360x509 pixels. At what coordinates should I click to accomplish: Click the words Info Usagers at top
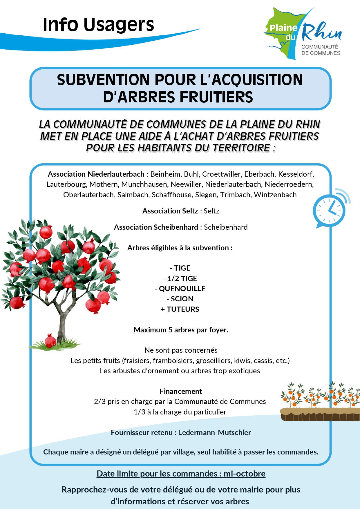coord(98,25)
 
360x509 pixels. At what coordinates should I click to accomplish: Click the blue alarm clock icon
coord(330,210)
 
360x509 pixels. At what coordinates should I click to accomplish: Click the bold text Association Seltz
coord(170,211)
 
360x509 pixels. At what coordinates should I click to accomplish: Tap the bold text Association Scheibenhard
coord(156,227)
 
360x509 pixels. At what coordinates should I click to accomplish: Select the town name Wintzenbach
coord(275,195)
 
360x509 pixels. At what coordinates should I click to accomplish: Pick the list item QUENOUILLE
coord(182,289)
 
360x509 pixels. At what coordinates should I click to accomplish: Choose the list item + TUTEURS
coord(180,309)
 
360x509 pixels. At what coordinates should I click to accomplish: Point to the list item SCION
coord(182,299)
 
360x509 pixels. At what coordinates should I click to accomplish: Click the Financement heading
coord(180,391)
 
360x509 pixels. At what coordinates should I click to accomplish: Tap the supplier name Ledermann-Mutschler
coord(214,432)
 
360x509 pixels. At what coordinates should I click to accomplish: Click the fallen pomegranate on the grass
coord(50,340)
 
